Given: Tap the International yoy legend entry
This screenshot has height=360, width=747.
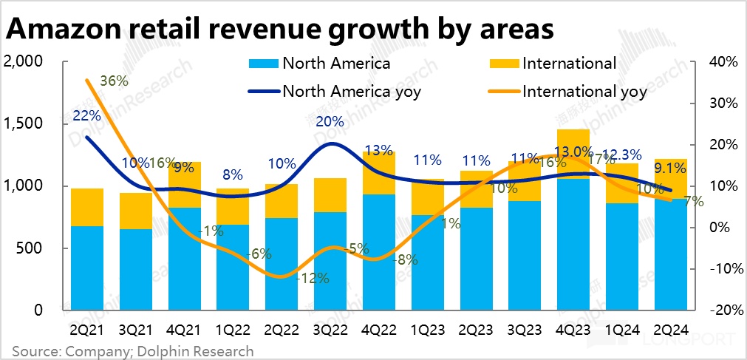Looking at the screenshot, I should [x=584, y=92].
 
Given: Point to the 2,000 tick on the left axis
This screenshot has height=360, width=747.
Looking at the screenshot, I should [x=24, y=62].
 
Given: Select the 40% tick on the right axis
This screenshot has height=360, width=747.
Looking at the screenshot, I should [x=721, y=62].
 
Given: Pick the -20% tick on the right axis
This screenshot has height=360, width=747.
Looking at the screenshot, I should [x=721, y=310].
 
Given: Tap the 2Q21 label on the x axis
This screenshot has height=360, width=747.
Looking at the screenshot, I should [x=87, y=327].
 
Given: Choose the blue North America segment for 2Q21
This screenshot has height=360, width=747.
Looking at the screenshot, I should [x=87, y=268].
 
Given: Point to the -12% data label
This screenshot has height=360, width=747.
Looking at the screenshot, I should [x=313, y=279].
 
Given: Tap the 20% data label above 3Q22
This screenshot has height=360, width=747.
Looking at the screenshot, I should [x=330, y=121].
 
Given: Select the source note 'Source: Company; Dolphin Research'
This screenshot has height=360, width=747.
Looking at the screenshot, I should [x=133, y=351].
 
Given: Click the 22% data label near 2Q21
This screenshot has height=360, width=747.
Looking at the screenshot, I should [x=87, y=115].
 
